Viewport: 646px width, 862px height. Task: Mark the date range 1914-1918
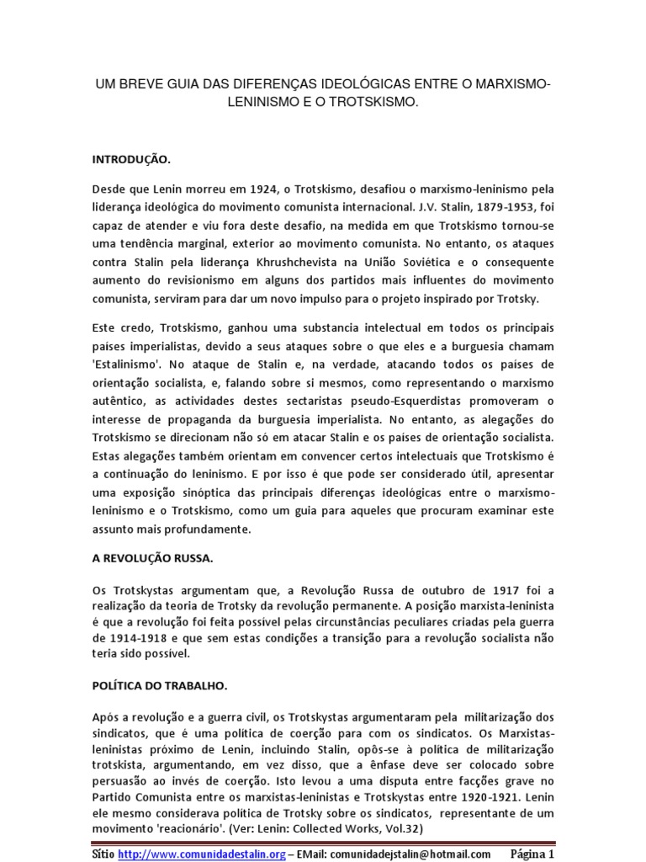(x=124, y=636)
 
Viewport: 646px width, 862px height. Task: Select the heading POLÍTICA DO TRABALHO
(x=159, y=685)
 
